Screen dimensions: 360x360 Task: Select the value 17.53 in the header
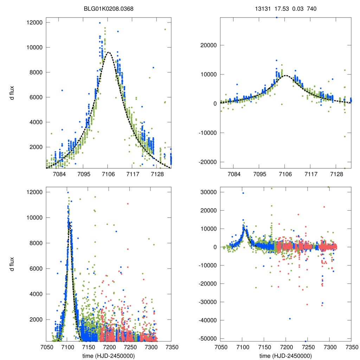point(280,9)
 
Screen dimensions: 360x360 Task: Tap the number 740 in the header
point(312,9)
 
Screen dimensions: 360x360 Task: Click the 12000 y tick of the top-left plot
point(34,22)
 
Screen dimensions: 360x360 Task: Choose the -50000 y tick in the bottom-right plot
point(207,339)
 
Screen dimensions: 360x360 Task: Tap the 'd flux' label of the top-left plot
point(12,93)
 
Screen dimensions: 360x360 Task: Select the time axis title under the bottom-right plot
point(285,356)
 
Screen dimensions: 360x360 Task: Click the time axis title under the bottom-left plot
point(108,356)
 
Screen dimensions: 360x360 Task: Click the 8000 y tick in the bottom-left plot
point(36,243)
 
